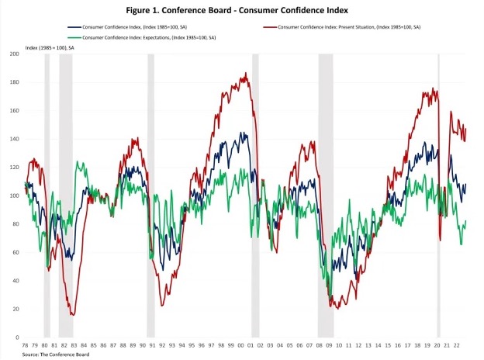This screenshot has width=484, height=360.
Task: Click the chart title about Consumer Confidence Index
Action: click(x=242, y=11)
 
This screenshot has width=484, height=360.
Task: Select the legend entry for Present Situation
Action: click(x=354, y=27)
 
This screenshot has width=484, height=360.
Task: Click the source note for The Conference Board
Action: click(x=56, y=355)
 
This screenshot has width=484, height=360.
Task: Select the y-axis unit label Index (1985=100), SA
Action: click(x=50, y=47)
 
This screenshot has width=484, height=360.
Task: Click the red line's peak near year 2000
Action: click(x=246, y=74)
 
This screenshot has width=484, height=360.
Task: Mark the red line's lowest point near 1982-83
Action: click(x=72, y=314)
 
